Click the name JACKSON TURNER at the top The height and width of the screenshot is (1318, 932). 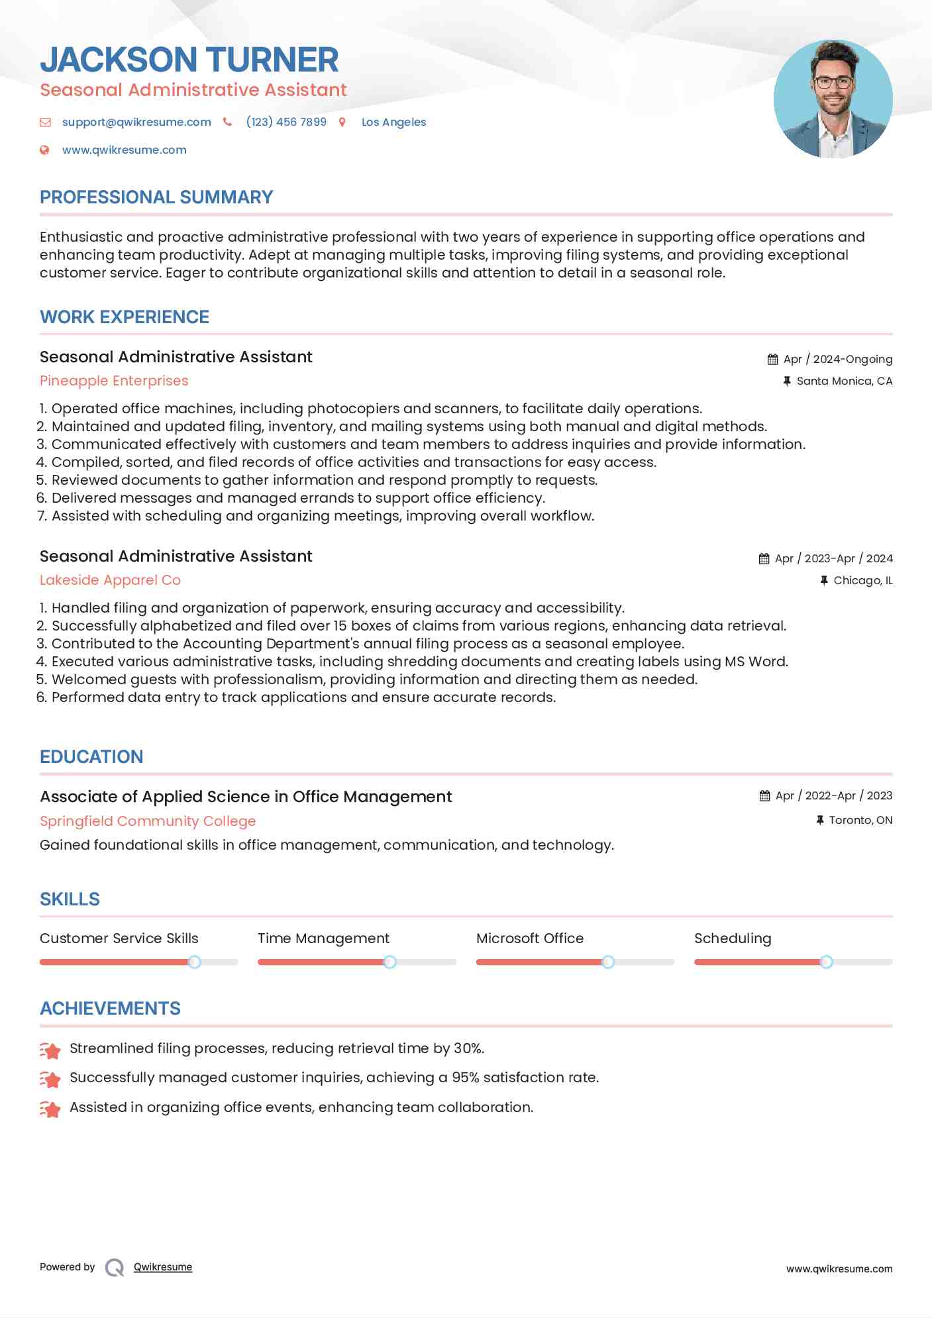[189, 60]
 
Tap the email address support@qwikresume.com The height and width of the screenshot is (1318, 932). [136, 122]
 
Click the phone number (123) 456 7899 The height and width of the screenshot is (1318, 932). [286, 122]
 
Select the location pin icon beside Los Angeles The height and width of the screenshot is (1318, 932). [342, 122]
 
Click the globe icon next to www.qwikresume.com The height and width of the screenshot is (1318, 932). [44, 150]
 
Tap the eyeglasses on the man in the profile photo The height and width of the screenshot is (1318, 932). [833, 83]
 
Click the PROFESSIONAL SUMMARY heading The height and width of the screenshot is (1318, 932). [156, 197]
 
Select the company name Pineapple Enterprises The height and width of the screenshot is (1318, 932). [114, 381]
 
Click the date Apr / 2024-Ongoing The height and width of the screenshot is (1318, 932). [837, 359]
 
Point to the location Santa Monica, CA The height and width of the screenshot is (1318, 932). [844, 381]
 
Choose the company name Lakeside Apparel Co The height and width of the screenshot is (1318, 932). [110, 580]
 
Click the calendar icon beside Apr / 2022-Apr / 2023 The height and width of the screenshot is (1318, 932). [764, 795]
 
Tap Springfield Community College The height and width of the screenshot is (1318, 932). [148, 821]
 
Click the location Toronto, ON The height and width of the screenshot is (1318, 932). [860, 820]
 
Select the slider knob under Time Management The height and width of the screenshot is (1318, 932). [389, 962]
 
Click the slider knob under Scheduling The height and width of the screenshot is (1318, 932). [826, 962]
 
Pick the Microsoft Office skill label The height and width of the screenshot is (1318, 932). [530, 938]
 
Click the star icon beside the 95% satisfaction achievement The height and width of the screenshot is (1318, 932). [50, 1080]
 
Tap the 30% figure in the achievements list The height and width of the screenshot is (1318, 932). [468, 1048]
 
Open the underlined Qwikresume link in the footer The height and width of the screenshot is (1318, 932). [163, 1267]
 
